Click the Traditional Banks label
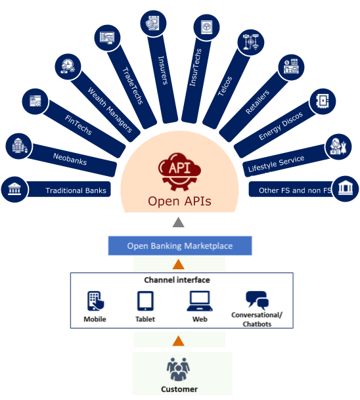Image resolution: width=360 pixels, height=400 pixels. tap(76, 190)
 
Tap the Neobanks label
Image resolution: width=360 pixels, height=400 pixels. tap(70, 159)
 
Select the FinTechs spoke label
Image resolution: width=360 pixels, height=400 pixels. tap(78, 125)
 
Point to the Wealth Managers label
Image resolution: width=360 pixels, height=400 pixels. tap(110, 110)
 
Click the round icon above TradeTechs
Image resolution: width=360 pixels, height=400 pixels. tap(107, 37)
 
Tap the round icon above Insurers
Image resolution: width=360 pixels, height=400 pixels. tap(153, 24)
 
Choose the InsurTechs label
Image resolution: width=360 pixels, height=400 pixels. tap(195, 67)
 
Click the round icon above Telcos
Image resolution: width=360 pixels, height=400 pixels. tap(251, 42)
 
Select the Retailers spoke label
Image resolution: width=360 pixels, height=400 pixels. tap(257, 102)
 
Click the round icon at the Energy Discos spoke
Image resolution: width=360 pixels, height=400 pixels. tap(323, 102)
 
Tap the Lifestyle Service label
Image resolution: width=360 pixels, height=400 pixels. tap(276, 164)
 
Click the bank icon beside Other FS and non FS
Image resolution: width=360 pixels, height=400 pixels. tap(346, 189)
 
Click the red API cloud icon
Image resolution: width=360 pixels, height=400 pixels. tap(179, 171)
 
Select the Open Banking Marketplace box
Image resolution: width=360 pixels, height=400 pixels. tap(180, 246)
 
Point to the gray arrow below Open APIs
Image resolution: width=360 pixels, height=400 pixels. tap(178, 222)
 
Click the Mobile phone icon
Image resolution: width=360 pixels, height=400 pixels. tap(96, 301)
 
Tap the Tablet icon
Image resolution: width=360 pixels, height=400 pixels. tap(145, 301)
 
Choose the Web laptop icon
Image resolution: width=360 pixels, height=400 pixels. tap(200, 301)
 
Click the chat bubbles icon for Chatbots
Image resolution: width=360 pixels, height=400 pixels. tap(257, 300)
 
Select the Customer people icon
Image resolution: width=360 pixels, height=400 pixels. tap(178, 369)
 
